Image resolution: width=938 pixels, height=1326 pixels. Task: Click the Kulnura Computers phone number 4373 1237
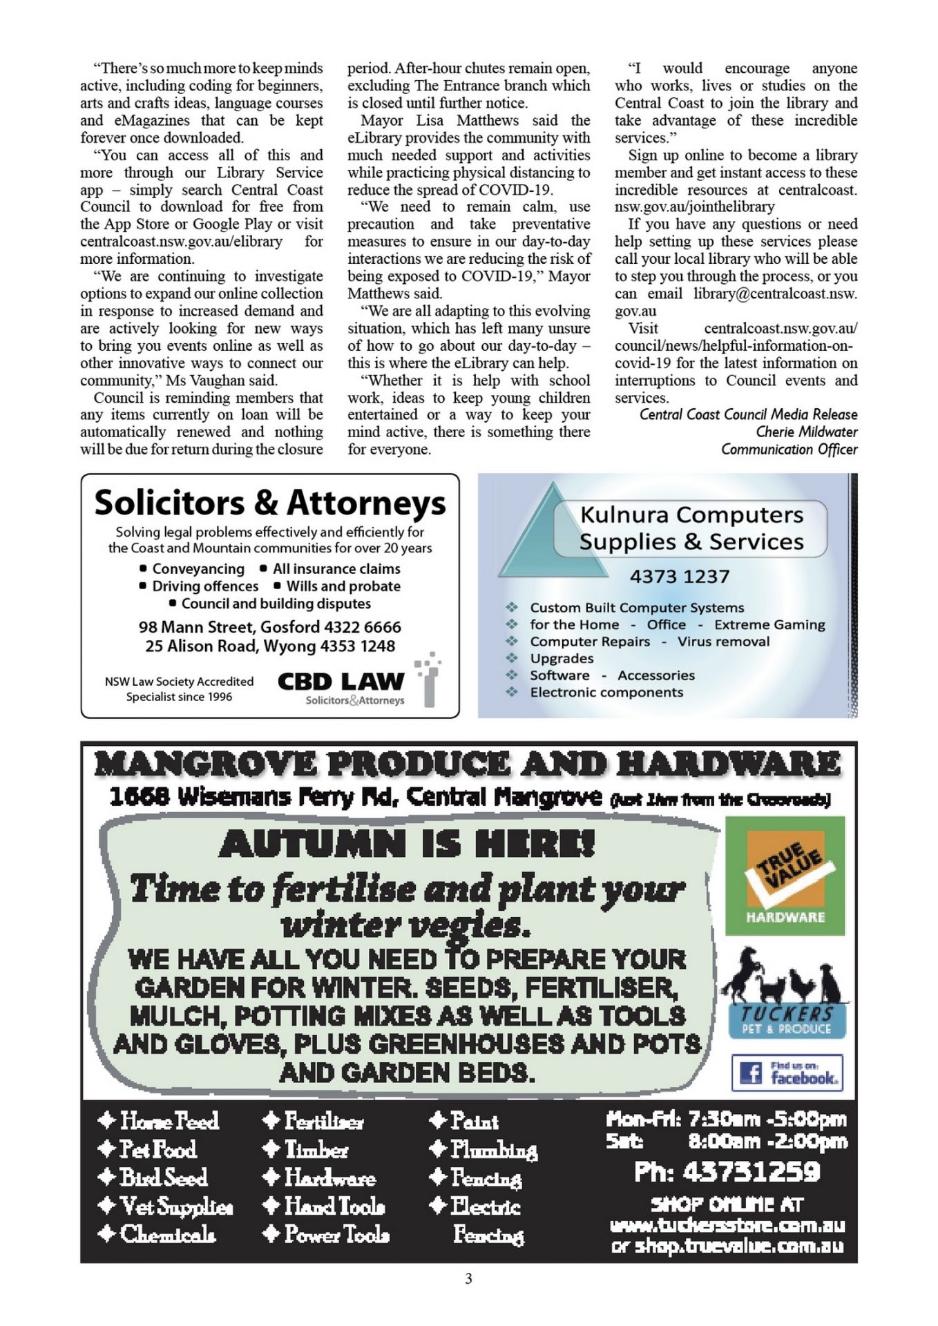679,576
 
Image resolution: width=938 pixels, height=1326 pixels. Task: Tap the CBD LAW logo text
341,682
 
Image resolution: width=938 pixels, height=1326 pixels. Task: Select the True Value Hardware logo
785,875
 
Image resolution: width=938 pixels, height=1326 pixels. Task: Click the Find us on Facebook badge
787,1073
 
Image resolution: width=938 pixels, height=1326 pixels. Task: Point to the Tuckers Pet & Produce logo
785,994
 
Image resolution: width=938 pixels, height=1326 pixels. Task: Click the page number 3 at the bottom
468,1278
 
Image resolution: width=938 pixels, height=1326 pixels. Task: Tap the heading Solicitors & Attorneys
270,502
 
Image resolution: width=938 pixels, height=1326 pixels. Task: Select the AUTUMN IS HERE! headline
407,844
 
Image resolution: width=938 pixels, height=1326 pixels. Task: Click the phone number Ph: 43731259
727,1172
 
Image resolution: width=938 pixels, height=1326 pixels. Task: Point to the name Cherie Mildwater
806,432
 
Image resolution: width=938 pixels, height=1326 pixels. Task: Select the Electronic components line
606,692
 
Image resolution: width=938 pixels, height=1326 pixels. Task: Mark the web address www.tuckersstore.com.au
727,1226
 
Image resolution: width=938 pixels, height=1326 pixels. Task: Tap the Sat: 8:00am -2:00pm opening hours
727,1142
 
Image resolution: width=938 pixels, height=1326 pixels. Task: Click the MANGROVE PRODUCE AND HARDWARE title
468,765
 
